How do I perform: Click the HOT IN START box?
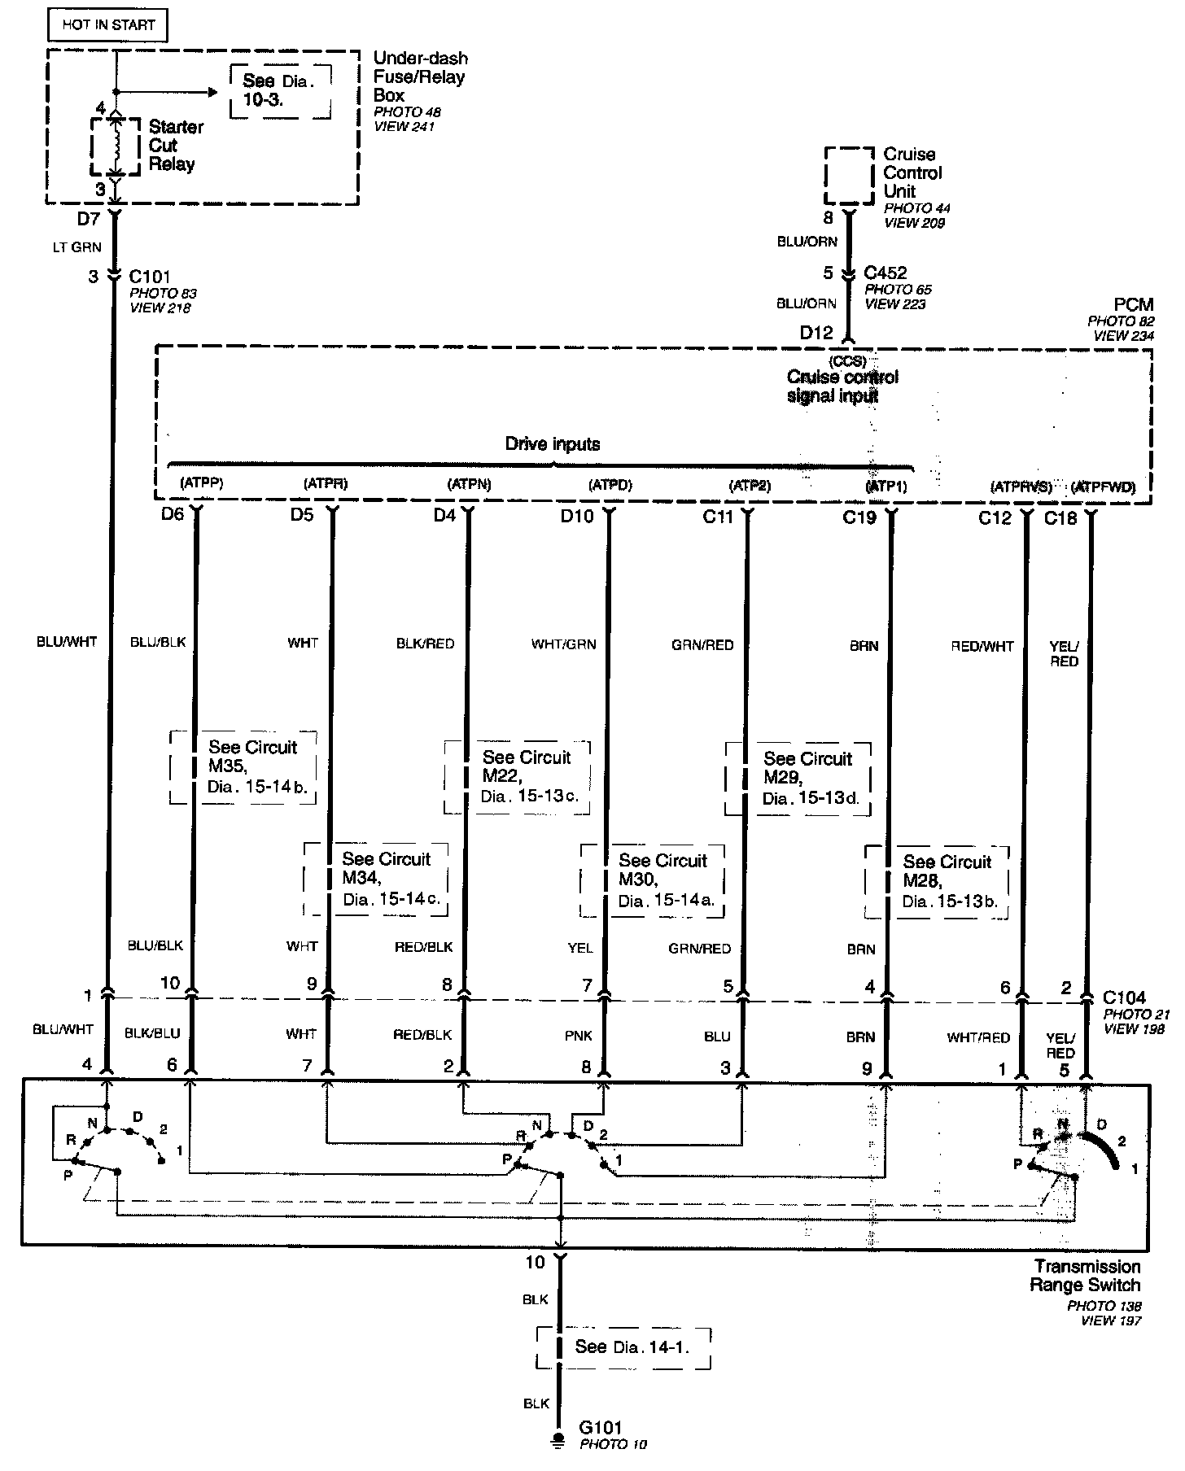pos(108,25)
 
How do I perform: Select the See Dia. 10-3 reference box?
pos(280,90)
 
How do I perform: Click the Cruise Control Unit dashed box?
pos(850,176)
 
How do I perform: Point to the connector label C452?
pos(885,273)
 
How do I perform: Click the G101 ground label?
pos(601,1427)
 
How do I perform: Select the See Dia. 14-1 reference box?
pos(623,1347)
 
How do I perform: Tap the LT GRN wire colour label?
pos(77,247)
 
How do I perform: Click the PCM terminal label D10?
pos(577,516)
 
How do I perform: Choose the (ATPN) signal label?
pos(470,484)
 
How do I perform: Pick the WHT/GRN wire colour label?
pos(563,644)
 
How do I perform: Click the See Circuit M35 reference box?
pos(243,768)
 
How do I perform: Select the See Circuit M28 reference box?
pos(937,882)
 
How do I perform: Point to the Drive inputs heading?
pos(553,444)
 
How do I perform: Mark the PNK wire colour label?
pos(579,1036)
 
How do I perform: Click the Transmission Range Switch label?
pos(1086,1276)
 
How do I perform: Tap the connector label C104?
pos(1125,997)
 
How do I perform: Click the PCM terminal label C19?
pos(859,517)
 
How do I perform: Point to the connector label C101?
pos(150,277)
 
